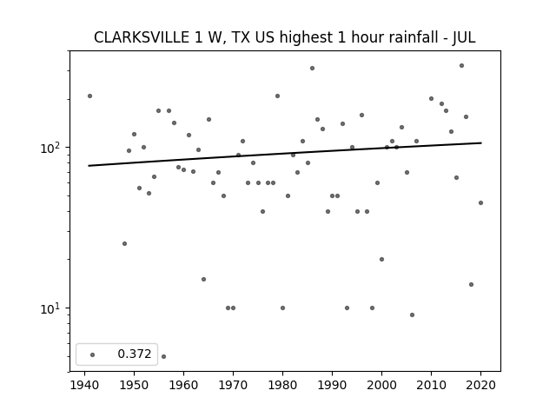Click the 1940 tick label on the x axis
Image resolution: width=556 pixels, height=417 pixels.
tap(84, 386)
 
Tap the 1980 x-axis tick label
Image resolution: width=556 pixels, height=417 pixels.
tap(282, 386)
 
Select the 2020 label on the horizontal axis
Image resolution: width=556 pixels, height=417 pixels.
tap(480, 386)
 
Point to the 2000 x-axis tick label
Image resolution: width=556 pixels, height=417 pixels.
tap(381, 386)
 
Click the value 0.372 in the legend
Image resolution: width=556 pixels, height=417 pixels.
tap(135, 354)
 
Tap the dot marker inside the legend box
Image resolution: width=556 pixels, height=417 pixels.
tap(93, 354)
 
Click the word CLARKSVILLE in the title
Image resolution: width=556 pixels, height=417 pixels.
tap(142, 37)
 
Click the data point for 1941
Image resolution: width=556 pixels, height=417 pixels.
tap(89, 96)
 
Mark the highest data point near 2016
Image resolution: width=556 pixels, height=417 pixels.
tap(461, 66)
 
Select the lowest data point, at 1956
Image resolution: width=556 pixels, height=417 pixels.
tap(163, 356)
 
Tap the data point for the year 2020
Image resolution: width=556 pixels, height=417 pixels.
tap(480, 202)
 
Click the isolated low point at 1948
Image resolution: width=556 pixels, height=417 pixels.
tap(124, 243)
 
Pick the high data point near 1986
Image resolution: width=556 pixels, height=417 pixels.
tap(312, 68)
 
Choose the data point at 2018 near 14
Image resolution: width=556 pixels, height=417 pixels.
tap(471, 284)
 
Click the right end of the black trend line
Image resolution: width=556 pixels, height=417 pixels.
tap(481, 142)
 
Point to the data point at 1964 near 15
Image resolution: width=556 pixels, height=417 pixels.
tap(203, 279)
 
